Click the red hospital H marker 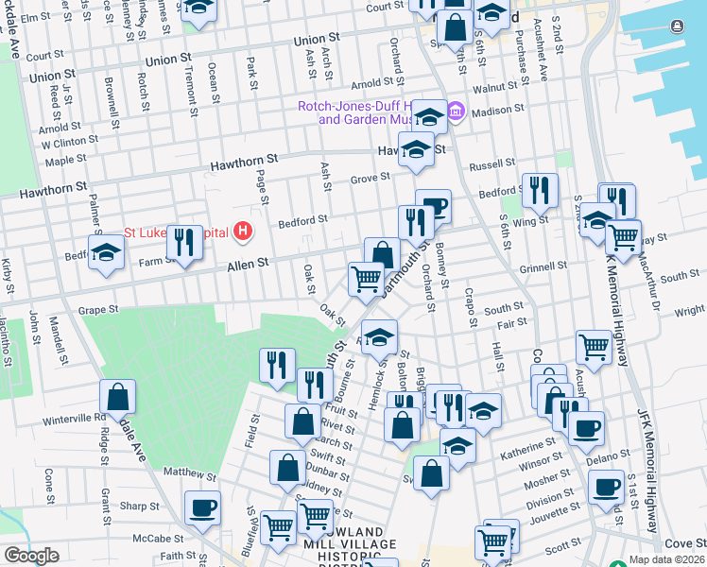click(x=244, y=231)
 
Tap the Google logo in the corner click(x=31, y=556)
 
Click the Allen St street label click(x=249, y=268)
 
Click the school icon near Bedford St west click(x=107, y=252)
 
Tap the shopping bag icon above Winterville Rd click(x=117, y=396)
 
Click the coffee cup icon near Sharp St click(x=202, y=507)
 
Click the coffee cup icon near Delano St click(x=585, y=427)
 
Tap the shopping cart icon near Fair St click(x=594, y=346)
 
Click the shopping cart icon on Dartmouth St click(x=366, y=278)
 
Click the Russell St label click(x=491, y=164)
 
